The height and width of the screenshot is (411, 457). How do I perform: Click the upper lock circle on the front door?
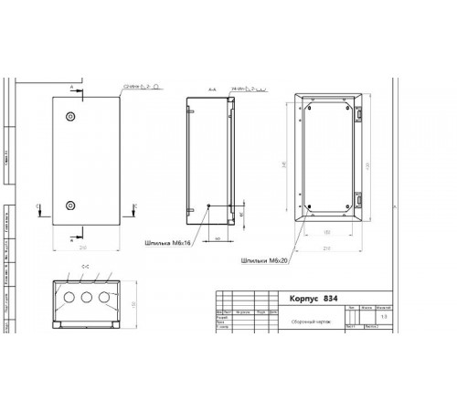[71, 118]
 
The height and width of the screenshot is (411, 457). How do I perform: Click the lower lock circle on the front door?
[71, 205]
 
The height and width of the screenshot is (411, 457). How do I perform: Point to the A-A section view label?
[211, 90]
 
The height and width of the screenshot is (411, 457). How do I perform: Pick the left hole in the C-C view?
[67, 298]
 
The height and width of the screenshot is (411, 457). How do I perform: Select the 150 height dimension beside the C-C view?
[133, 303]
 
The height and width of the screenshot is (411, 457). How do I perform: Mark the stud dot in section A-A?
[208, 205]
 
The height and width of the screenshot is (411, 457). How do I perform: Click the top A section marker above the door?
[71, 86]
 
